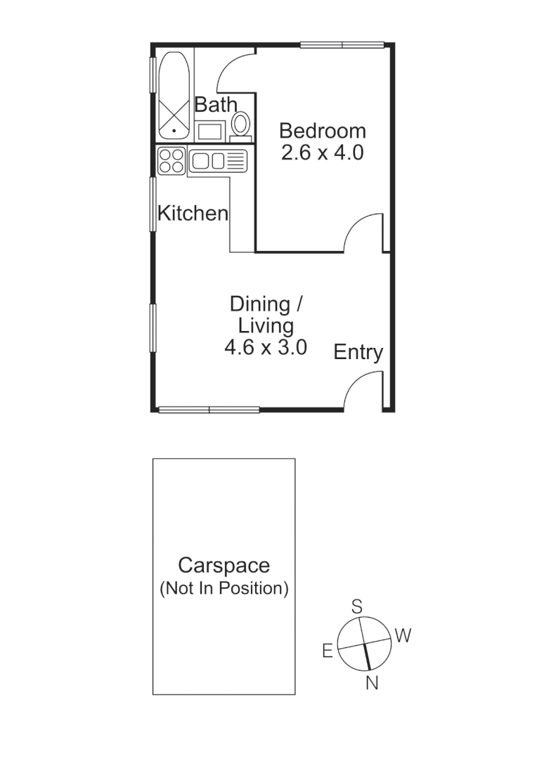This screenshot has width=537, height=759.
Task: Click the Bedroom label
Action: (322, 131)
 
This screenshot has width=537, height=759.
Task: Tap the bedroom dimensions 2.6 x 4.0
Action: (322, 153)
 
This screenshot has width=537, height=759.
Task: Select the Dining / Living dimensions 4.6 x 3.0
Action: (265, 347)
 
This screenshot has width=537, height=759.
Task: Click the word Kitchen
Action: (193, 214)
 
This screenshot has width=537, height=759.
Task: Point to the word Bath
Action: (216, 105)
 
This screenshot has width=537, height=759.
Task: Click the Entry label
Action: (358, 352)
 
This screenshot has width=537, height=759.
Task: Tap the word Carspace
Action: (224, 565)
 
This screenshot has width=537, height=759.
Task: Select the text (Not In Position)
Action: (224, 588)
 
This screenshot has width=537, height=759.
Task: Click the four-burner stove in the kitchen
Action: (171, 160)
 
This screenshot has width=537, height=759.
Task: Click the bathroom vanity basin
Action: (209, 131)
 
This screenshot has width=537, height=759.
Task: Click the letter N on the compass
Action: (372, 682)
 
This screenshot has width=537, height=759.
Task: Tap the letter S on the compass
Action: (356, 606)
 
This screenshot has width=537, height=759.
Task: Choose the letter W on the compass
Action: (402, 636)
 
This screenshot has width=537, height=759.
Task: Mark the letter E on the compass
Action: (327, 651)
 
